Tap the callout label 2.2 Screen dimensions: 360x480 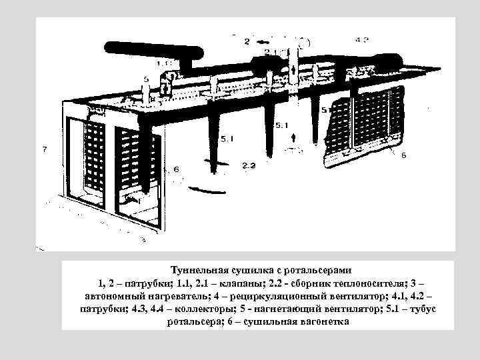tap(248, 165)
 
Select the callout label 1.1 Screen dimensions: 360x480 tap(165, 63)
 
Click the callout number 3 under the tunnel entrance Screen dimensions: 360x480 tap(143, 239)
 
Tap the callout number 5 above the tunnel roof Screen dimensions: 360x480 tap(146, 79)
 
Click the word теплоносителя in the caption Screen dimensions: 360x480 tap(379, 283)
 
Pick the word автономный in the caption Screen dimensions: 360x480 tap(115, 295)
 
